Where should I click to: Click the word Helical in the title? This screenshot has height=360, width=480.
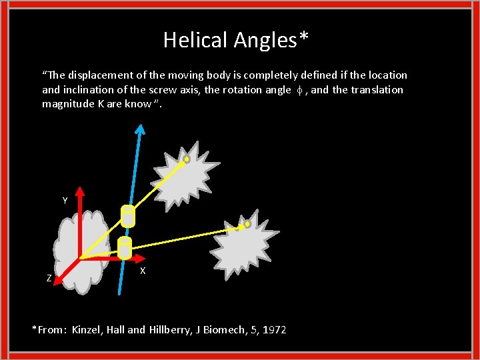196,41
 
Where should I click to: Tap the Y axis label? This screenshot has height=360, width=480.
65,201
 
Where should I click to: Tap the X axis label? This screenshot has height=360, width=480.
143,271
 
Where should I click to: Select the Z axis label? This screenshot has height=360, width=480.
49,279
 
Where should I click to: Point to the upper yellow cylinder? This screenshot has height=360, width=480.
127,215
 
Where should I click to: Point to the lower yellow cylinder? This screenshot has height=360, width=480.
124,248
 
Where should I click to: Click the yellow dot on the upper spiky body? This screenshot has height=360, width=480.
187,159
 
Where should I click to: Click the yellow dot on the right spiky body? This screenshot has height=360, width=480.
247,225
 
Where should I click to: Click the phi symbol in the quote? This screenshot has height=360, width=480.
298,90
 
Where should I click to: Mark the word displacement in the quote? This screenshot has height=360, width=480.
92,75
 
